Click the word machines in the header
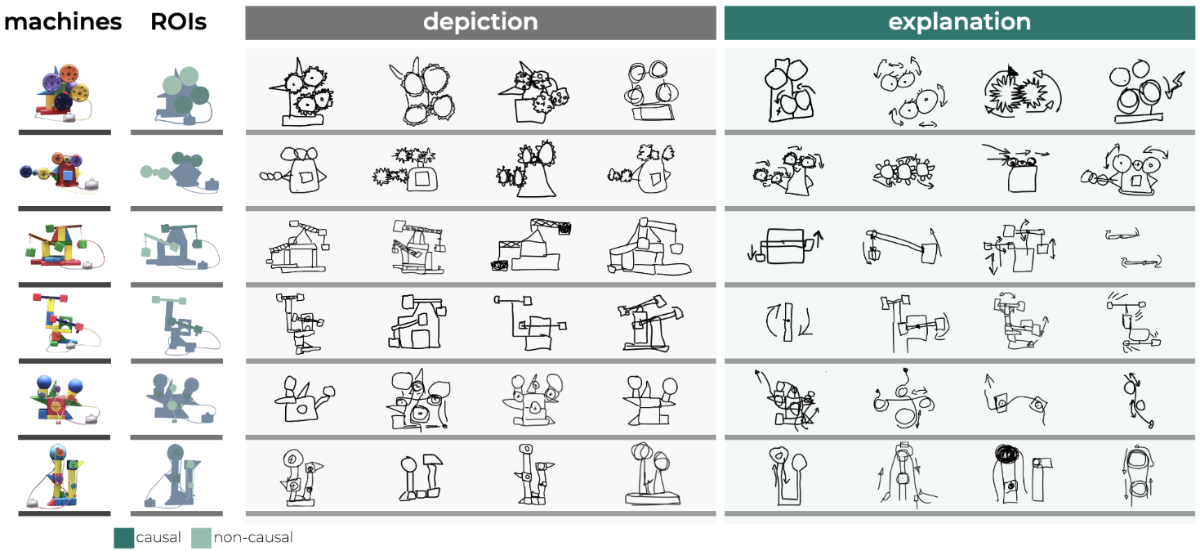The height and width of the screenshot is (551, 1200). coord(63,22)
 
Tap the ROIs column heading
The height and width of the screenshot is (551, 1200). coord(178,22)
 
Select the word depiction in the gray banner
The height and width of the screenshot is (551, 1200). coord(480,22)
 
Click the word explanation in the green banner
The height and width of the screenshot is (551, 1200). coord(959,22)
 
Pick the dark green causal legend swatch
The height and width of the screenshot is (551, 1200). coord(124,537)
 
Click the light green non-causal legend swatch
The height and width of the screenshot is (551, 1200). coord(201,537)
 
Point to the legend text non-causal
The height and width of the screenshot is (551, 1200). coord(252,537)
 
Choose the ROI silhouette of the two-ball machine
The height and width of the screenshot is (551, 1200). coord(175,400)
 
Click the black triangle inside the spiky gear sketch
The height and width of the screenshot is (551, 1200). coord(1013,74)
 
